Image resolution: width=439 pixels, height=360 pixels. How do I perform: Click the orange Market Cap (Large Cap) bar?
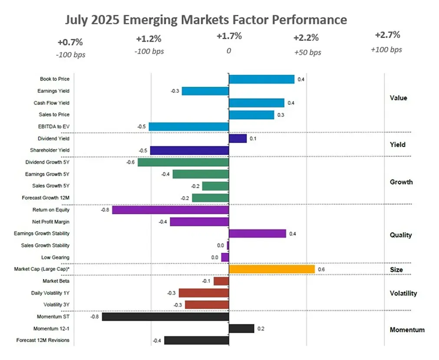pos(271,269)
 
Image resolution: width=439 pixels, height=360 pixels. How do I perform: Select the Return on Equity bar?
pos(170,210)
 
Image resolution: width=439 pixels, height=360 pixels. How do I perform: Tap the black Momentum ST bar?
pos(165,317)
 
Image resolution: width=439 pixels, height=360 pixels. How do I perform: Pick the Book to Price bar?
pos(261,79)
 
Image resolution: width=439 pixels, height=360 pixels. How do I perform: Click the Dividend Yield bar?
pos(238,138)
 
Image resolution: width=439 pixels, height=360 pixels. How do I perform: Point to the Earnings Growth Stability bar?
pos(257,233)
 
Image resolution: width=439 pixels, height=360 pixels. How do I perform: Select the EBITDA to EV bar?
pos(188,126)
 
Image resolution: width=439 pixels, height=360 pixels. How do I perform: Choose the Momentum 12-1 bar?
pos(241,328)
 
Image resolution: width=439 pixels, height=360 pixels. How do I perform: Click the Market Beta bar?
pos(221,281)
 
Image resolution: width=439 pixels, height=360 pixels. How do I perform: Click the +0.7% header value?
pos(70,43)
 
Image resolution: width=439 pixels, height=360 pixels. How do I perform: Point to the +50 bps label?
pos(307,52)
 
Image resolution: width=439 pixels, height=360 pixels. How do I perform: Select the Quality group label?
pos(400,235)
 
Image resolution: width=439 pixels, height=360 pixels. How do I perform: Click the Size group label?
pos(396,270)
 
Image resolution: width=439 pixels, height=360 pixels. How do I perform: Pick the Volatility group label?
pos(403,293)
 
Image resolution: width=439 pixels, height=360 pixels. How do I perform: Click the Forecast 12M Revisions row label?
pos(43,340)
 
